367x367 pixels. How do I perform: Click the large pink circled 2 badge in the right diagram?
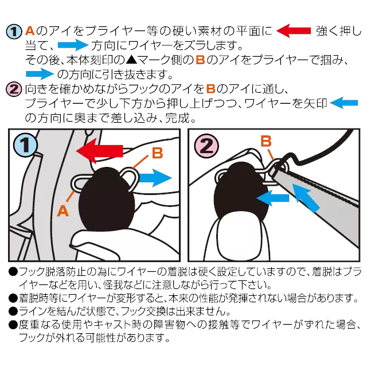click(x=206, y=145)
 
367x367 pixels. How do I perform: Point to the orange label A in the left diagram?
click(x=63, y=211)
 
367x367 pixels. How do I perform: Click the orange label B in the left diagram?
click(x=158, y=153)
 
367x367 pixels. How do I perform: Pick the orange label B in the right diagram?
click(x=266, y=140)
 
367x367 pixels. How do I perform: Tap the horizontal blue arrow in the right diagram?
click(x=273, y=198)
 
